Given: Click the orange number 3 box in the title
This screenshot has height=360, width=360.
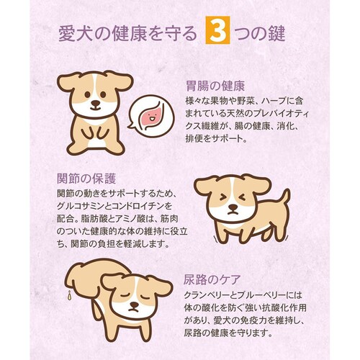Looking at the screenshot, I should [215, 34].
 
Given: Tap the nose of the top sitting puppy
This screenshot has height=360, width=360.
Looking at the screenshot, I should [95, 104].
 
